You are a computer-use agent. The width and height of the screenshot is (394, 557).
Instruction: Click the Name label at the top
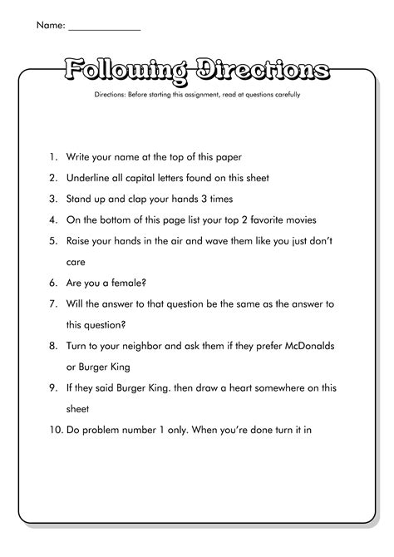(50, 26)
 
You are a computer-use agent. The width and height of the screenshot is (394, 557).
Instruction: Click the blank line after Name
(104, 27)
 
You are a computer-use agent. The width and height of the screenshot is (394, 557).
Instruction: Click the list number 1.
(52, 155)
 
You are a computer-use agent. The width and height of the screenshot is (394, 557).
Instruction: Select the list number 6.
(52, 282)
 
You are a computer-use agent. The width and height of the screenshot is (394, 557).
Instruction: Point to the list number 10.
(54, 430)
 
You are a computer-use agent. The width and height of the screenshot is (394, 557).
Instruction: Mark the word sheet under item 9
(80, 408)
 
